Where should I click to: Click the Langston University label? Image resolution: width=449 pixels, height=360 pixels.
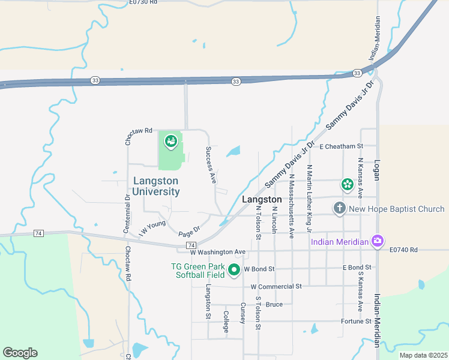click(155, 186)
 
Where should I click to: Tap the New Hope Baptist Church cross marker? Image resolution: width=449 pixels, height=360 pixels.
click(339, 209)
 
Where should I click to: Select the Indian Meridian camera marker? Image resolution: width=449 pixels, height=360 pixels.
click(377, 241)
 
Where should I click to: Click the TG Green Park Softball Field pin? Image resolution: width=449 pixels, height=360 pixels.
click(235, 271)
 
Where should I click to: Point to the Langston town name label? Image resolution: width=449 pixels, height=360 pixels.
click(262, 199)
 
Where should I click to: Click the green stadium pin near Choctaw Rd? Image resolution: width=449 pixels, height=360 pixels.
click(170, 142)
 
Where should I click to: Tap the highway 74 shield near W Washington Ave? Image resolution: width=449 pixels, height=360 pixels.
click(191, 245)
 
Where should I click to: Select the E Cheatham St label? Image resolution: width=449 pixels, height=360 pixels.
click(342, 146)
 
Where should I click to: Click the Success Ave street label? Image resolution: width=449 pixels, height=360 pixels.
click(211, 164)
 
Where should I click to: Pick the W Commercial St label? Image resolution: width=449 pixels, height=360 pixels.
click(276, 287)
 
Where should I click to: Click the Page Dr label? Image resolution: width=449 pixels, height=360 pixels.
click(188, 230)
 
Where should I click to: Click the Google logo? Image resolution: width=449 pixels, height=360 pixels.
click(20, 353)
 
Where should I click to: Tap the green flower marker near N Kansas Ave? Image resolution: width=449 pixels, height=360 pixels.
click(347, 185)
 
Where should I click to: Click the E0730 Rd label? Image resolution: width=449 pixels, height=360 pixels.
click(143, 2)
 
